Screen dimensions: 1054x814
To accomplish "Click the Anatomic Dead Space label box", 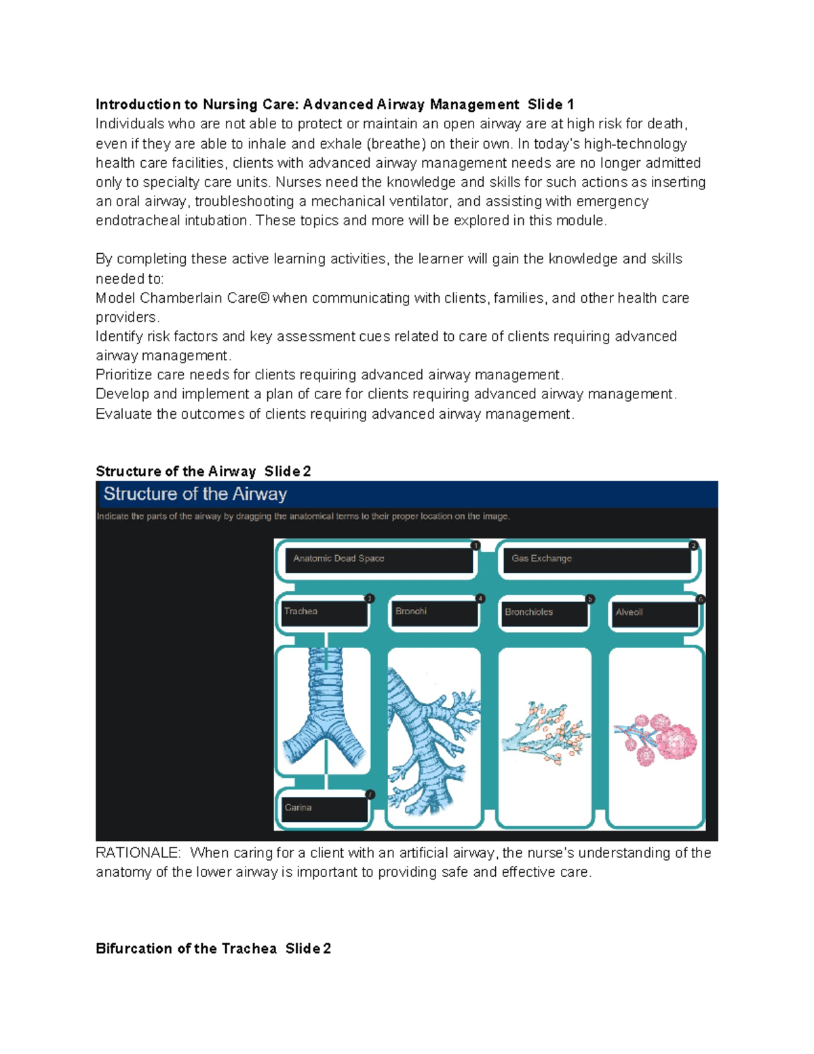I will click(378, 559).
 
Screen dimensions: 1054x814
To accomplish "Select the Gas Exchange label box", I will click(596, 559).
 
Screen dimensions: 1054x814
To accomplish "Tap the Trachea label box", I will click(324, 612).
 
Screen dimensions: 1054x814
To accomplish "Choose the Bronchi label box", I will click(434, 612).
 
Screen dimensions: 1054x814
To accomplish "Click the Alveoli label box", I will click(654, 613).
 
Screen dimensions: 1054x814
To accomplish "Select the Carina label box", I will click(324, 808).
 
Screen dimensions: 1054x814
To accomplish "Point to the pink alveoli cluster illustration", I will click(657, 739).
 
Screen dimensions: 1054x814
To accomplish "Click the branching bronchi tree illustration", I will click(433, 736).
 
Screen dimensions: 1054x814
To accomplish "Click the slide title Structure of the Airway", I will click(195, 494).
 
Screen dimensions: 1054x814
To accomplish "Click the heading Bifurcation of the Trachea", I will click(186, 949).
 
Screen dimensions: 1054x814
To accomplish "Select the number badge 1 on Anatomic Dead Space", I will click(476, 546).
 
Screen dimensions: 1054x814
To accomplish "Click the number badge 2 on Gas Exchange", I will click(693, 546).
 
